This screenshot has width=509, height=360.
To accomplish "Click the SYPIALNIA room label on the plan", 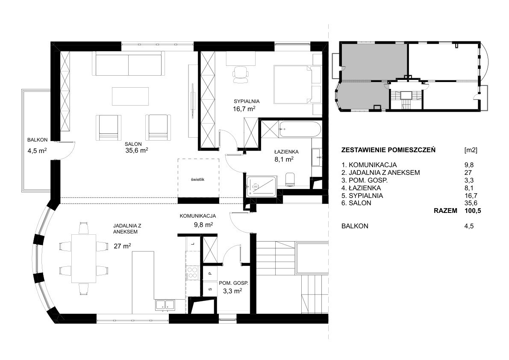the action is pyautogui.click(x=247, y=101).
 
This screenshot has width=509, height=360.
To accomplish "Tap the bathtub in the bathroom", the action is pyautogui.click(x=300, y=130).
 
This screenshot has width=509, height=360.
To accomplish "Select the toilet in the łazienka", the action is pyautogui.click(x=290, y=179).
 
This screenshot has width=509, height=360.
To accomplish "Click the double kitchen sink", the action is pyautogui.click(x=165, y=304).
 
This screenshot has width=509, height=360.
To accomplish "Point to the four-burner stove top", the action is pyautogui.click(x=191, y=272).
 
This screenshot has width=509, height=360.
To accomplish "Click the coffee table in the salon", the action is pyautogui.click(x=130, y=96).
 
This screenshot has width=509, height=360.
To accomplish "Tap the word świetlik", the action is pyautogui.click(x=198, y=179).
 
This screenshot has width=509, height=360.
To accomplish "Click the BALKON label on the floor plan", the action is pyautogui.click(x=37, y=140).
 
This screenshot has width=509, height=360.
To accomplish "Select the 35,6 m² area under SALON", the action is pyautogui.click(x=137, y=150).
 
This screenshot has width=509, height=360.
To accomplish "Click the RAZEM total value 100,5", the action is pyautogui.click(x=473, y=211).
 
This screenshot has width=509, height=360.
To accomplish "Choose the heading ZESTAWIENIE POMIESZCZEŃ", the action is pyautogui.click(x=388, y=150).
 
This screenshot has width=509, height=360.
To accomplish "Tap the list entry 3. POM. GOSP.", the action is pyautogui.click(x=365, y=180).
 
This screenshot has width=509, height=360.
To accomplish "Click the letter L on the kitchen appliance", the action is pyautogui.click(x=192, y=243).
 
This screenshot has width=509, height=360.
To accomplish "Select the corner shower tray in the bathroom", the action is pyautogui.click(x=261, y=186).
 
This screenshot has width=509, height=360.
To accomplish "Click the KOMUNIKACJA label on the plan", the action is pyautogui.click(x=198, y=216).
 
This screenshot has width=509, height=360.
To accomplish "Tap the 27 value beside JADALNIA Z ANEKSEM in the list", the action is pyautogui.click(x=468, y=173).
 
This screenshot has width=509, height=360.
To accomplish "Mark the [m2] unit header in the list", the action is pyautogui.click(x=471, y=150).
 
